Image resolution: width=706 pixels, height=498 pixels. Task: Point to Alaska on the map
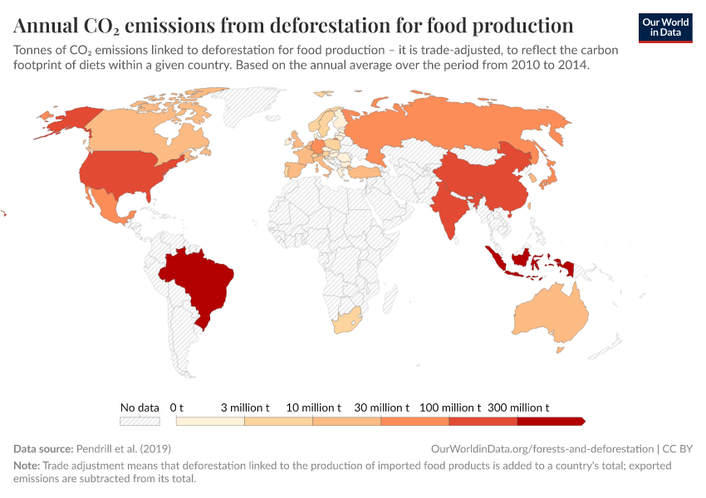[x=65, y=120]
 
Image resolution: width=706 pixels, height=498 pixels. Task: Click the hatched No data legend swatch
[x=140, y=422]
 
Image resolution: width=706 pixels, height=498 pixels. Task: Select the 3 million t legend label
[x=244, y=408]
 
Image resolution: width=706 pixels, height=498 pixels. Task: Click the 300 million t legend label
[x=517, y=408]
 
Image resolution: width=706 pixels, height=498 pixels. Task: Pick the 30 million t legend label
[x=381, y=408]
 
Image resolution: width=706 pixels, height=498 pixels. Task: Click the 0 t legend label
[x=176, y=408]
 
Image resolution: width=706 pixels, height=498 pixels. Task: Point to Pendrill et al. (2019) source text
[x=117, y=448]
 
